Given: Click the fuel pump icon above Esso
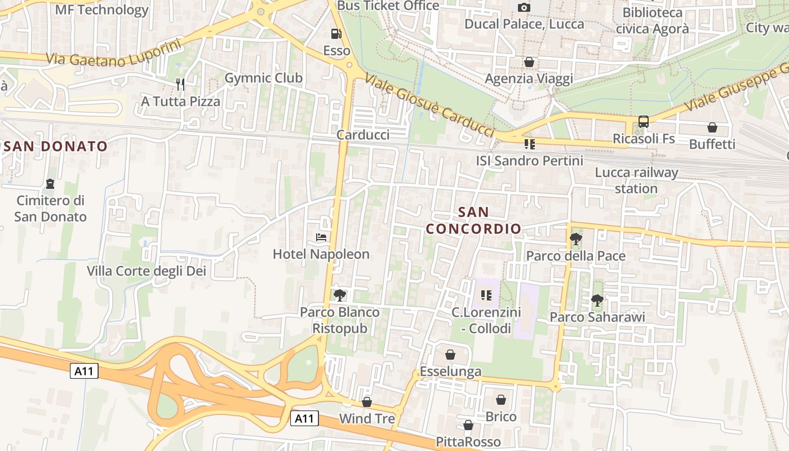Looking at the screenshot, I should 336,34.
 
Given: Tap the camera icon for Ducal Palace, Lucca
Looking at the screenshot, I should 524,7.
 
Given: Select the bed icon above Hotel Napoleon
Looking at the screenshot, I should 321,237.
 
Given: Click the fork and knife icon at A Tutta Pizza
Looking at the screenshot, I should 180,85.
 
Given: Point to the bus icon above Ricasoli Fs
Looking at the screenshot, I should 643,121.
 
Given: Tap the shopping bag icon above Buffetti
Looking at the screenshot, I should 712,127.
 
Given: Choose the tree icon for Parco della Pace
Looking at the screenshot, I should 575,239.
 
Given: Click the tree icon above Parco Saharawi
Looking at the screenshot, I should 597,300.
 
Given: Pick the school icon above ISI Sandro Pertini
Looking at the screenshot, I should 529,144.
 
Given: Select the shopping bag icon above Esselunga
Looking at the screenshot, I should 450,355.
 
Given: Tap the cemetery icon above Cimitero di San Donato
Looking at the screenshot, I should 50,184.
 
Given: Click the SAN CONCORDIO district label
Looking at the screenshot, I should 473,220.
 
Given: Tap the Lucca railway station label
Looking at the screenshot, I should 636,180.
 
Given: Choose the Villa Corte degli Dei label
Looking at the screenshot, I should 147,271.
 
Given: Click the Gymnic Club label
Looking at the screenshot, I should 263,78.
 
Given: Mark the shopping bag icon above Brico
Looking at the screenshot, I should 501,400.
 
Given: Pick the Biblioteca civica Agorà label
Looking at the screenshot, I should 652,20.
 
